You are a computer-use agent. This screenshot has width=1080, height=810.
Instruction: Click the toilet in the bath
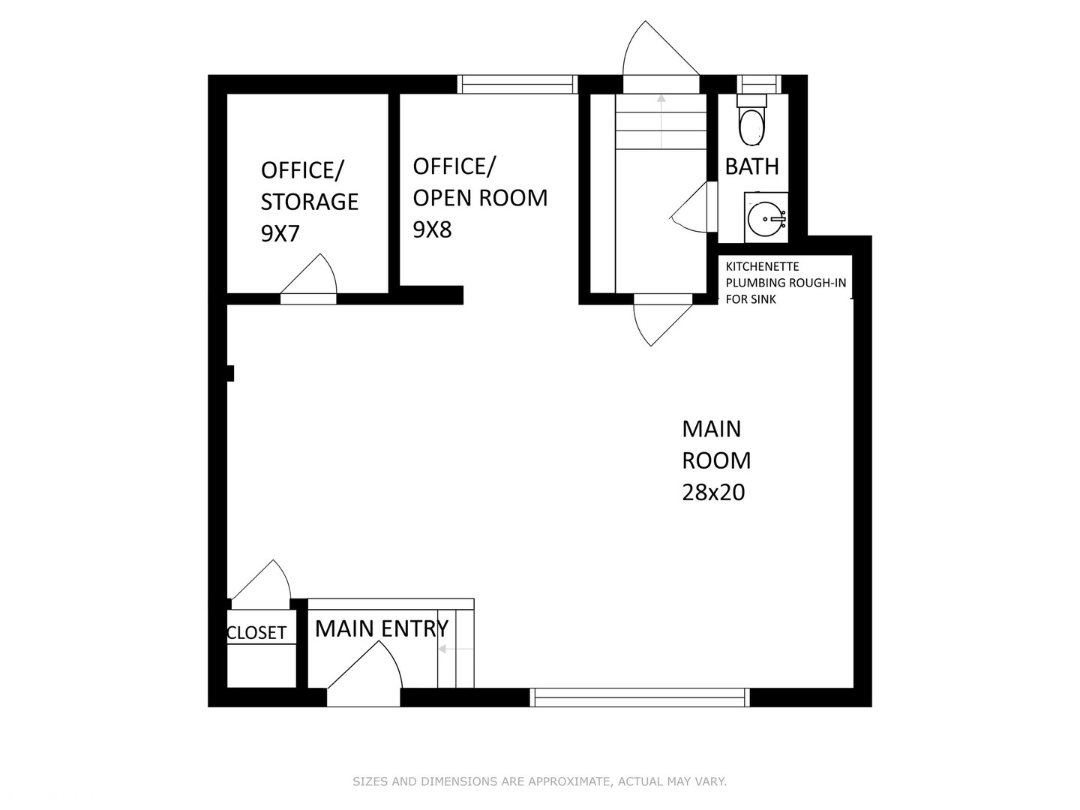tap(751, 120)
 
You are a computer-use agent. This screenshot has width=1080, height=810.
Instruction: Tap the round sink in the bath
tap(766, 217)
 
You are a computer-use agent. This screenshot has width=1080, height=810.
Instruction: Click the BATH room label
tap(751, 166)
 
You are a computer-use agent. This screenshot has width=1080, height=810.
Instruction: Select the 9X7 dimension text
tap(280, 233)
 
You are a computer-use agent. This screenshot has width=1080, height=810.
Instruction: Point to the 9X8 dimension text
tap(432, 229)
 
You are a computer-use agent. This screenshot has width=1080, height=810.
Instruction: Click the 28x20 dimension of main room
tap(713, 492)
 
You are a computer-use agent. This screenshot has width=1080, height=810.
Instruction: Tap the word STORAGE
tap(310, 202)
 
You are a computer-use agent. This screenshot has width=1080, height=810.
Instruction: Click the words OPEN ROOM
tap(480, 198)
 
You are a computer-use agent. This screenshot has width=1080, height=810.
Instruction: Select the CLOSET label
tap(256, 633)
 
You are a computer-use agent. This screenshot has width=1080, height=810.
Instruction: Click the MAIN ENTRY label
tap(382, 628)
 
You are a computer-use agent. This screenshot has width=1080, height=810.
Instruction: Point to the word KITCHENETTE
tap(762, 266)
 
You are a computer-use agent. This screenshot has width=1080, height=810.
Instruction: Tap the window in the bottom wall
tap(640, 697)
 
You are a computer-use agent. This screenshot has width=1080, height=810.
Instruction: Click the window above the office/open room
tap(517, 84)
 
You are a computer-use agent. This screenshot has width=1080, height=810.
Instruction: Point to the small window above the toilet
tap(759, 84)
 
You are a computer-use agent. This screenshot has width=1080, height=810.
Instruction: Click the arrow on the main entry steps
tap(455, 649)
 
